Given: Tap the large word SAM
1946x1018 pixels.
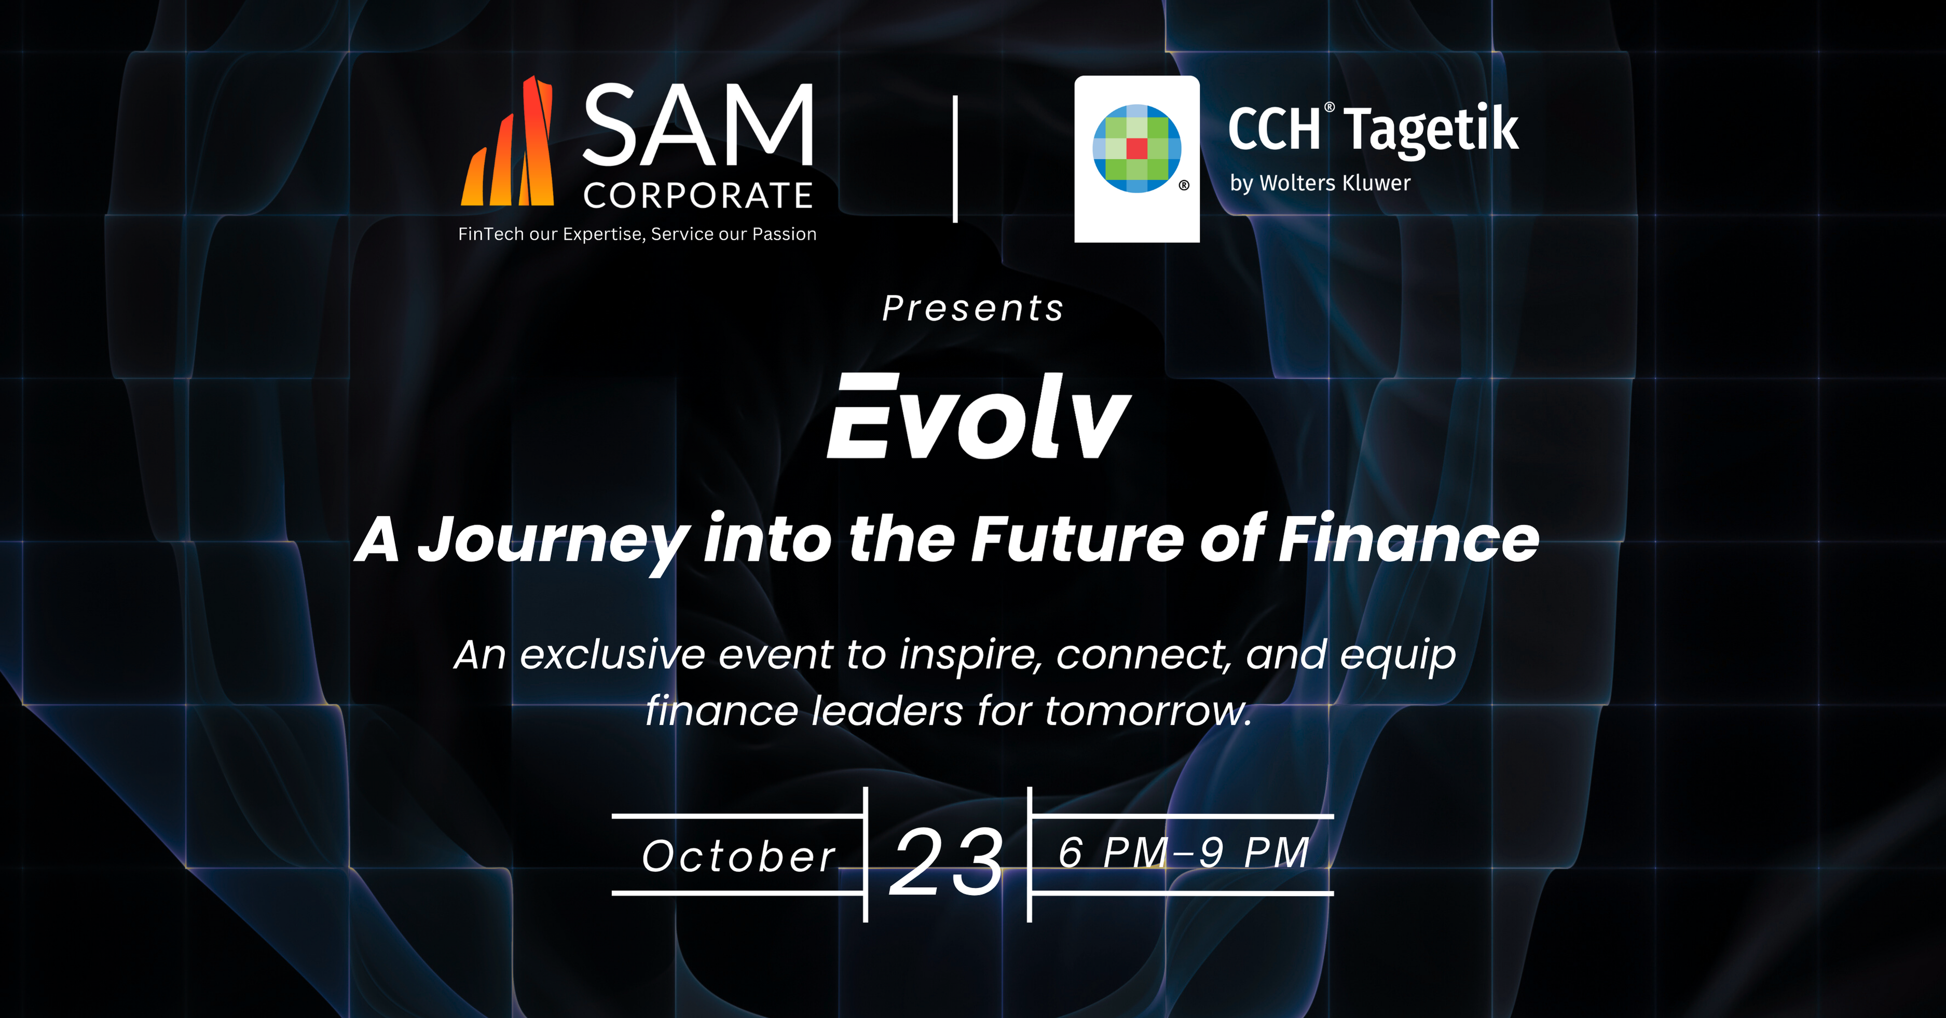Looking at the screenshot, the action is [x=698, y=126].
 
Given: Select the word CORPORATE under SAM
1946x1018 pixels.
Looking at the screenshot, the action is [x=698, y=196].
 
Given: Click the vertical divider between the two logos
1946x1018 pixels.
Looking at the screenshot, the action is [x=956, y=159].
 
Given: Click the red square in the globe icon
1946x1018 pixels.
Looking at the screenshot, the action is [x=1137, y=148].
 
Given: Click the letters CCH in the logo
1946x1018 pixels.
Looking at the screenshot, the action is [x=1273, y=129].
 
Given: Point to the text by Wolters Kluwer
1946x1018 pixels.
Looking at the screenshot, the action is [x=1320, y=183].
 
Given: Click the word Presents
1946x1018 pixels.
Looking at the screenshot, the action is [x=973, y=308].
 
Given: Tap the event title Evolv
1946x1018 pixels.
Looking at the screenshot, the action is [x=979, y=416].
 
